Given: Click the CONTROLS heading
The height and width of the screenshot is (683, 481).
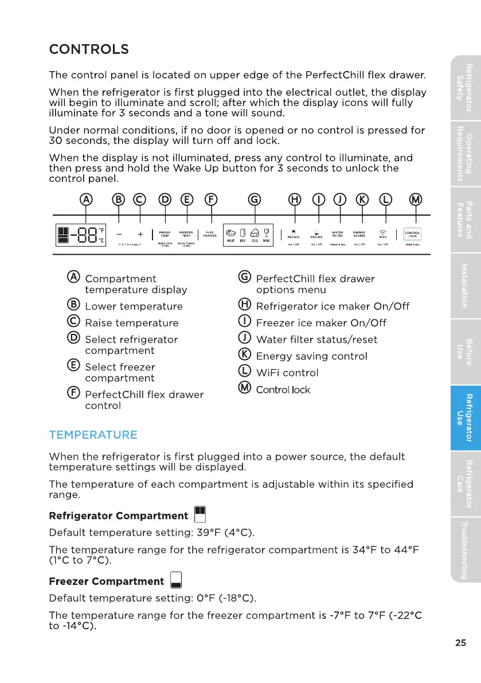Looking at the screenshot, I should click(x=89, y=49).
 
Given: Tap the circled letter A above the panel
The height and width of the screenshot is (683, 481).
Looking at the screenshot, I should click(x=86, y=200).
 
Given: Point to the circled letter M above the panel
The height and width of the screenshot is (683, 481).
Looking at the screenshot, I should click(x=415, y=200).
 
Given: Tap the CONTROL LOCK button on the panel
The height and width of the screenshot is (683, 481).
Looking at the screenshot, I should click(x=412, y=234).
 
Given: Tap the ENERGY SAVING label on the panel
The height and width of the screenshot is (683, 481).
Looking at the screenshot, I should click(x=360, y=234).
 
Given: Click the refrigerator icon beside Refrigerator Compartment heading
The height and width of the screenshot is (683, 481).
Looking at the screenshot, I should click(x=200, y=516).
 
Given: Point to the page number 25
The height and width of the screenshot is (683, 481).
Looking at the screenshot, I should click(x=460, y=642).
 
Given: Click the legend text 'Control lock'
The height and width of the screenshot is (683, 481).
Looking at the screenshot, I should click(x=283, y=390).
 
